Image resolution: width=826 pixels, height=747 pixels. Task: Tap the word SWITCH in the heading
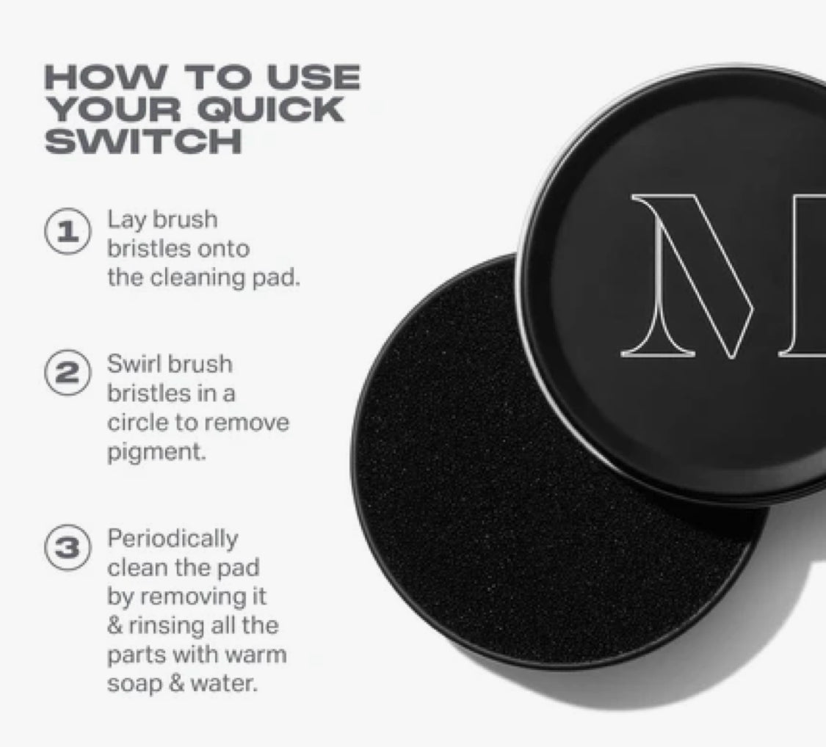pyautogui.click(x=143, y=140)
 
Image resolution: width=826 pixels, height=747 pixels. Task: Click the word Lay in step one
pyautogui.click(x=124, y=220)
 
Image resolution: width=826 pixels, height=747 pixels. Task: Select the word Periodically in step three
pyautogui.click(x=173, y=539)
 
